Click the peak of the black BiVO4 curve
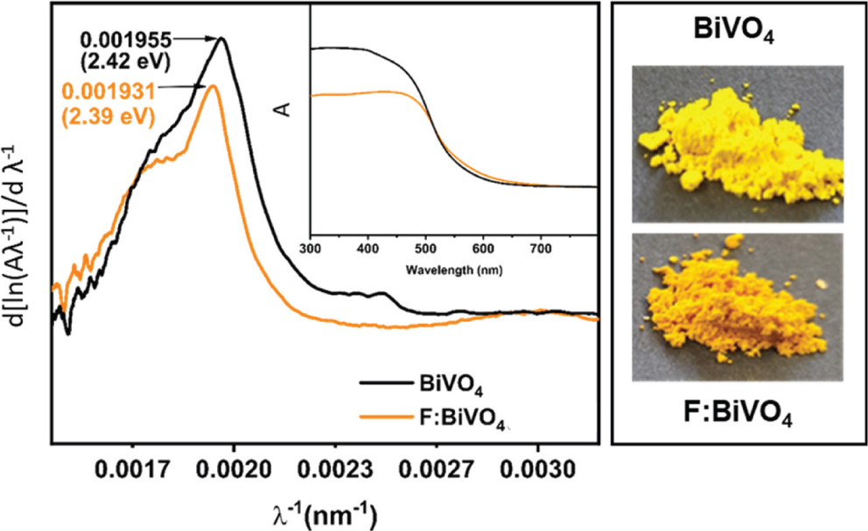[x=223, y=38]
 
